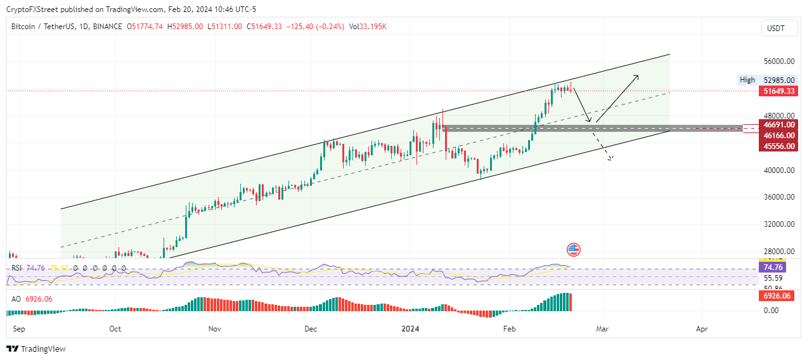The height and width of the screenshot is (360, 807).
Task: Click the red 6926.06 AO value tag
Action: coord(777,296)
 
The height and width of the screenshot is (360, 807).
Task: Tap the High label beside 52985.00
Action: coord(747,80)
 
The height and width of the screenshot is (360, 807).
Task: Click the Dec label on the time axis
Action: coord(311,330)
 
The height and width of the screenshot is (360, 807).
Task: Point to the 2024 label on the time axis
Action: coord(411,330)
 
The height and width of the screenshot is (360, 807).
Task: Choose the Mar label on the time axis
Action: coord(602,330)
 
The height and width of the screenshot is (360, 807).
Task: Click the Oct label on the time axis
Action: coord(115,330)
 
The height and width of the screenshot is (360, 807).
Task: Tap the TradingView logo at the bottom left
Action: coord(36,349)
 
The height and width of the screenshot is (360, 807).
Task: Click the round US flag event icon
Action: coord(573,249)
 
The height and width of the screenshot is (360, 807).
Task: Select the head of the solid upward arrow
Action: coord(637,76)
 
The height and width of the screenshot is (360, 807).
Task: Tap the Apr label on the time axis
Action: coord(701,330)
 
